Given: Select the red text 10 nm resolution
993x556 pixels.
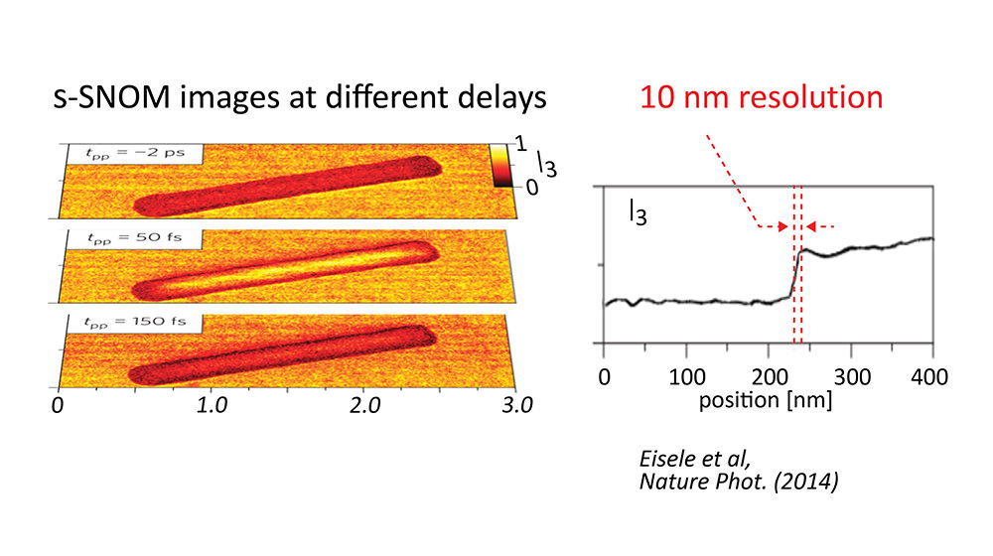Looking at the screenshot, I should pos(761,97).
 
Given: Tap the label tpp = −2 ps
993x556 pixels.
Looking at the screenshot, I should pos(135,154).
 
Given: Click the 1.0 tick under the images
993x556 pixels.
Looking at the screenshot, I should pos(213,406).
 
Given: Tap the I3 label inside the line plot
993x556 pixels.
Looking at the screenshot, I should pos(637,212).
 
